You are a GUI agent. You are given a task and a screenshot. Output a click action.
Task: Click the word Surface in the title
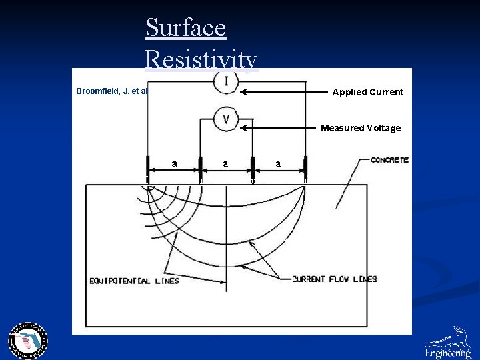click(x=185, y=28)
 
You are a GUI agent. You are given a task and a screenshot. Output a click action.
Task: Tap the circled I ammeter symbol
click(x=227, y=81)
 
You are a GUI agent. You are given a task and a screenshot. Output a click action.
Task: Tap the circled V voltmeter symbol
click(x=227, y=119)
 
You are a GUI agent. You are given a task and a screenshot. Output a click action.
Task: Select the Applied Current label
click(x=367, y=92)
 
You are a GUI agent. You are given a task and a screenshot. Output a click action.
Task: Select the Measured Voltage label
click(x=361, y=128)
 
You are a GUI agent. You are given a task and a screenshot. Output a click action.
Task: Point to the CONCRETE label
click(x=389, y=160)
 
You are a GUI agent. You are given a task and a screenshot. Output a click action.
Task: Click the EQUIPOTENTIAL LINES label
click(x=134, y=281)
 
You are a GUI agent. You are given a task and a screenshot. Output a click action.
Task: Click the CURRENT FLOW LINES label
click(x=334, y=279)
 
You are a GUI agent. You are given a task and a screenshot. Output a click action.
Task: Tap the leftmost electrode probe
click(x=148, y=167)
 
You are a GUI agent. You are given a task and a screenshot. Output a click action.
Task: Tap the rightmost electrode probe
click(x=305, y=167)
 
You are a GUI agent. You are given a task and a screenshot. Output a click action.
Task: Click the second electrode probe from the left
click(x=201, y=167)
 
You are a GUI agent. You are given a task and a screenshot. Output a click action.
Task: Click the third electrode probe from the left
click(x=253, y=167)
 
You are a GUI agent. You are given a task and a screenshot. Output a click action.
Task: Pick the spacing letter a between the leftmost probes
click(x=174, y=163)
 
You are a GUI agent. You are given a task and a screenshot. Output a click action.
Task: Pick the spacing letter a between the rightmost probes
click(x=279, y=163)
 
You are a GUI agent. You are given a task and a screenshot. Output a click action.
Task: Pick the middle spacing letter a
click(x=226, y=163)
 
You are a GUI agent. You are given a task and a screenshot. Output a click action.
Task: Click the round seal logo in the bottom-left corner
click(x=28, y=341)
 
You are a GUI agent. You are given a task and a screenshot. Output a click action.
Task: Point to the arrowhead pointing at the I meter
click(x=245, y=92)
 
